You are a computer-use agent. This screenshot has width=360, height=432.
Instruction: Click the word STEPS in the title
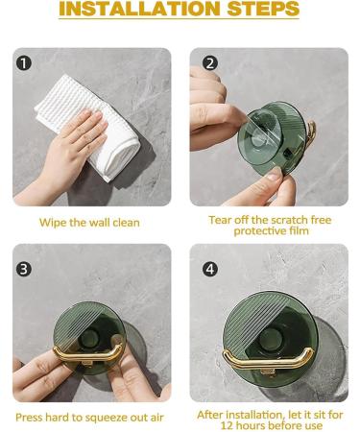pos(259,11)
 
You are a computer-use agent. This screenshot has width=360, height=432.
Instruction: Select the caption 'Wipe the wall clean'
pos(89,223)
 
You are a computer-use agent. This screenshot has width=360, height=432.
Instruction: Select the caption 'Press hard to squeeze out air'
pos(89,417)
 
